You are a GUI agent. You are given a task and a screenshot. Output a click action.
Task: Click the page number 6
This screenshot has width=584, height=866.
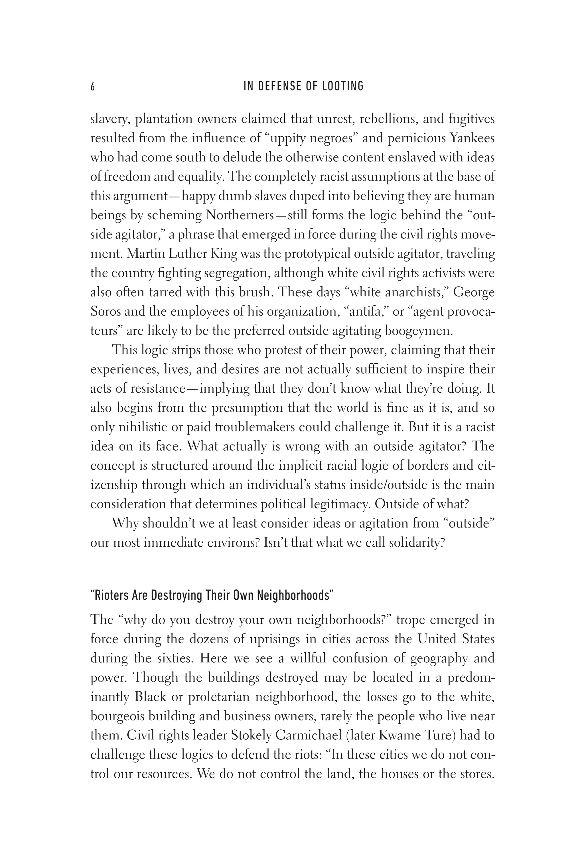coord(93,87)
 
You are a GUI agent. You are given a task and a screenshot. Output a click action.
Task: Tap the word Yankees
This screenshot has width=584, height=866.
coord(472,139)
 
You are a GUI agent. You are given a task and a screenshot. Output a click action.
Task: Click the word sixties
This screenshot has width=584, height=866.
coord(175,658)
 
